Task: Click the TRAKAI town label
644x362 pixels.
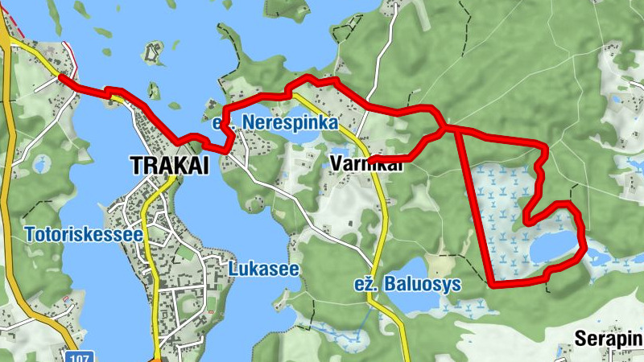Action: [169, 166]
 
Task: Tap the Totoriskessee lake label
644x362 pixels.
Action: [84, 236]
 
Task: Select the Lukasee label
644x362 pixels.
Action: [263, 269]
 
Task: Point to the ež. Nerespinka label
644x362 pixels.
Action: [274, 124]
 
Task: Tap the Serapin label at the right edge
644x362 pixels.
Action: [609, 339]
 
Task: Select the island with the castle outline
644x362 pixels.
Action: [153, 54]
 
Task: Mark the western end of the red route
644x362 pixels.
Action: [61, 76]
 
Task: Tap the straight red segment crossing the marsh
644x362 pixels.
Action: [475, 209]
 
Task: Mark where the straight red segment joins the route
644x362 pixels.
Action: [456, 129]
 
